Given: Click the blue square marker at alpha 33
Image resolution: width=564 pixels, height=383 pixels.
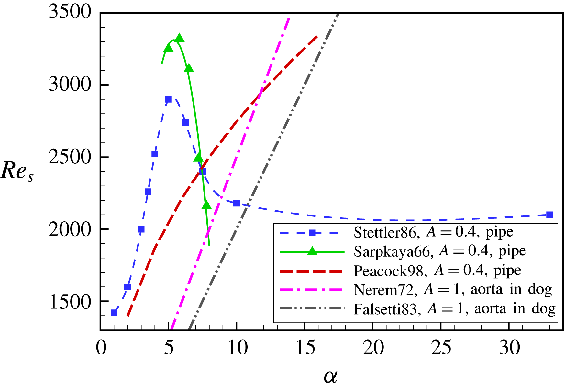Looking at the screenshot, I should click(549, 215).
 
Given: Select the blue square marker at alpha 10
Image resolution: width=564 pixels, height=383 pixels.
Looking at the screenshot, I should click(237, 203).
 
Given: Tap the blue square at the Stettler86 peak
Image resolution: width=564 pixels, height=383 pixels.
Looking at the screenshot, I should click(168, 99).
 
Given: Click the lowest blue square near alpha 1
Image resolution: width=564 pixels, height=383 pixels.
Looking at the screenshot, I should click(114, 313).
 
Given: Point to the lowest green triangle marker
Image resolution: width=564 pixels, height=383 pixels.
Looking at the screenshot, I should click(206, 205).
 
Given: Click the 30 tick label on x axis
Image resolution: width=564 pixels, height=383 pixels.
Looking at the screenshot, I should click(509, 348).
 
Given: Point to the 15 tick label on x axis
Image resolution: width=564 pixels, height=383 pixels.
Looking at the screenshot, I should click(305, 348).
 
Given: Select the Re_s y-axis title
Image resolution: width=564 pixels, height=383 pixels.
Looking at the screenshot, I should click(17, 171).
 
